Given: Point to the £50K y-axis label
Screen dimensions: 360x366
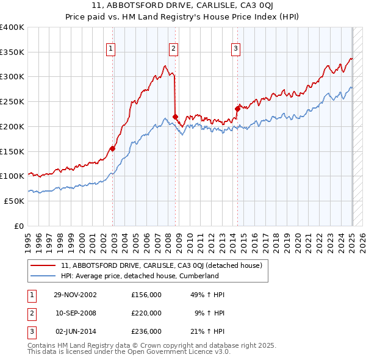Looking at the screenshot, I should click(14, 201).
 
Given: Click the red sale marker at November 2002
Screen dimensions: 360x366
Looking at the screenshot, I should click(113, 148).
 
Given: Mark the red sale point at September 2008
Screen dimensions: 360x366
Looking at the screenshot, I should click(176, 117).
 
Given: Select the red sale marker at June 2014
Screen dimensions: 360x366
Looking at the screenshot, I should click(238, 109).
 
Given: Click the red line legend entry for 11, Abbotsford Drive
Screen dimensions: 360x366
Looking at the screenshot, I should click(162, 265).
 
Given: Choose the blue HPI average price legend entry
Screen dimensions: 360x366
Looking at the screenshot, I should click(140, 276).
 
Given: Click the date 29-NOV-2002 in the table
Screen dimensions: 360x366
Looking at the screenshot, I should click(76, 295).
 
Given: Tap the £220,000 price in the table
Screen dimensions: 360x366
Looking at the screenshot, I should click(146, 313).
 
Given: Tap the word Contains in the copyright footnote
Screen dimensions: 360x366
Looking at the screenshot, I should click(42, 345).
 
